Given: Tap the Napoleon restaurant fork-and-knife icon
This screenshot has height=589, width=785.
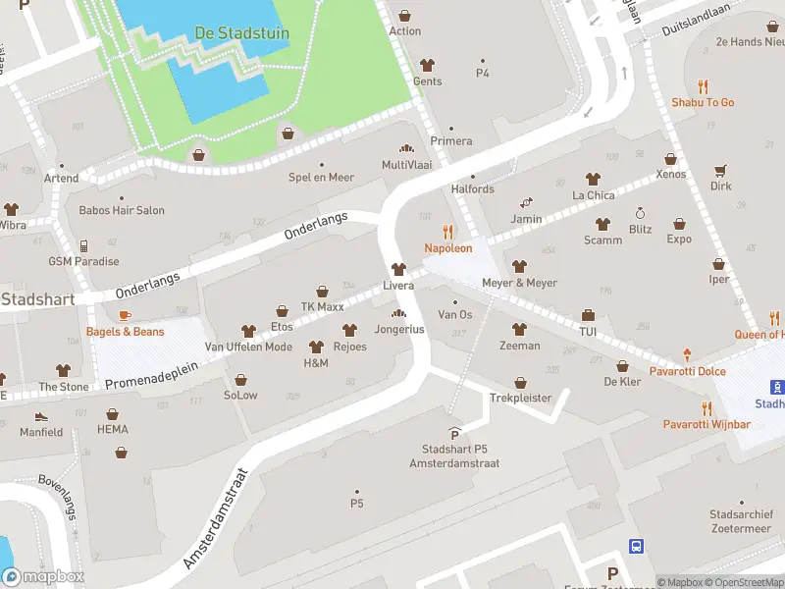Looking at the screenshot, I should point(448,232).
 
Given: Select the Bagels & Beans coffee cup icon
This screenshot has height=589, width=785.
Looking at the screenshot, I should point(125,315).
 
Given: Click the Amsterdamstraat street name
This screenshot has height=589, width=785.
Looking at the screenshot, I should point(217,517).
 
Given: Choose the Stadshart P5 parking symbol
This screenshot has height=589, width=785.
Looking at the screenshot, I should point(453,433).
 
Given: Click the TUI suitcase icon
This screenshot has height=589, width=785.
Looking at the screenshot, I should point(588,315).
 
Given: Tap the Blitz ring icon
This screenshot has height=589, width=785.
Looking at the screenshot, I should point(641,213).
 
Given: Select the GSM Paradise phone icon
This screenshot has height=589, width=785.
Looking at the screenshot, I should point(84,245).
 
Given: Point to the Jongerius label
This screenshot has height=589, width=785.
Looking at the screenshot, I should point(399,329).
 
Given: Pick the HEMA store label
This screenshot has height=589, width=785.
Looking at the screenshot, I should point(113,429).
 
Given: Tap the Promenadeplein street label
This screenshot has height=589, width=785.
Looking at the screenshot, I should point(151,375).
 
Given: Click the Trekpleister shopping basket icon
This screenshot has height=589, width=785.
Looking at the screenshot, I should point(520,382).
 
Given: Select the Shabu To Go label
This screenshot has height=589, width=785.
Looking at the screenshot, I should point(703,102).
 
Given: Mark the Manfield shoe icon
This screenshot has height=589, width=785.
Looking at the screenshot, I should point(41,415).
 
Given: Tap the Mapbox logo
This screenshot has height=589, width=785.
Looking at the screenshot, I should point(43,577).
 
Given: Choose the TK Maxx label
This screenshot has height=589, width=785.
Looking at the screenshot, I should point(322,307).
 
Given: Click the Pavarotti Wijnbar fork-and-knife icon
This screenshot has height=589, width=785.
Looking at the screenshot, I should point(706,408).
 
